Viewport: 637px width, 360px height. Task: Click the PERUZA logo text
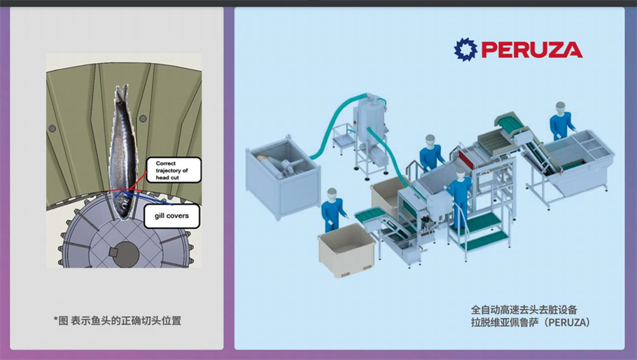coord(531,50)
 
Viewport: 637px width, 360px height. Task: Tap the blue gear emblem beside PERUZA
coord(465,49)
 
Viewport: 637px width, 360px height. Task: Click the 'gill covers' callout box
coord(171,216)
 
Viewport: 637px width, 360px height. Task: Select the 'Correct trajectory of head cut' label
coord(173,170)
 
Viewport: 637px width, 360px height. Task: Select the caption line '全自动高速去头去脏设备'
coord(524,308)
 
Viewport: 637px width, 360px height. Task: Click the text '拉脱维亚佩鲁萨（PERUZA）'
coord(531,322)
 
